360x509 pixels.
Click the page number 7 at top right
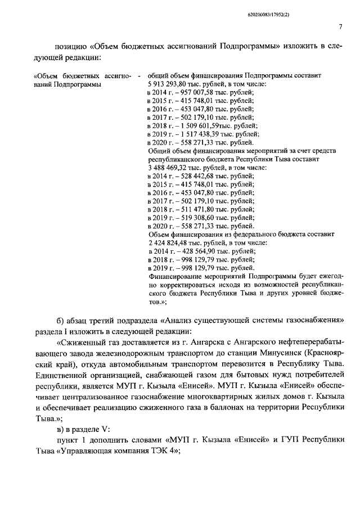coord(341,26)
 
